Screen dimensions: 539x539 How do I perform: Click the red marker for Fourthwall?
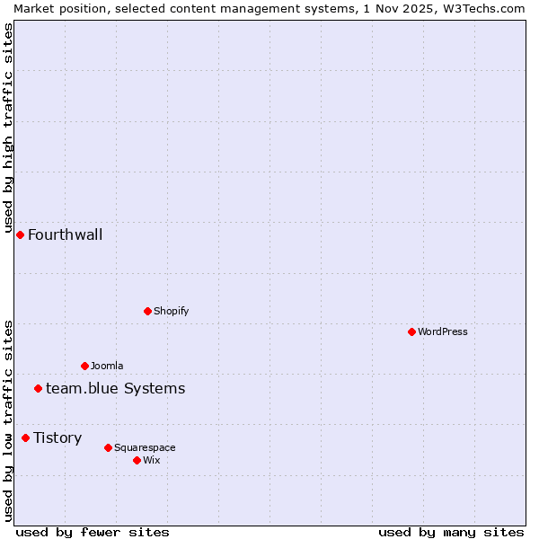(x=20, y=234)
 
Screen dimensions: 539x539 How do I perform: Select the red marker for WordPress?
(x=411, y=331)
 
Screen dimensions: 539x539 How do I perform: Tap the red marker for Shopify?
(x=147, y=311)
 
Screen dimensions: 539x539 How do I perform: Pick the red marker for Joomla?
(x=84, y=366)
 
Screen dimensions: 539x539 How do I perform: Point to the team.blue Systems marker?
(x=38, y=388)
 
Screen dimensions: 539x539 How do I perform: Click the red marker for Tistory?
(x=25, y=437)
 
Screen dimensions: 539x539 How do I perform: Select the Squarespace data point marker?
(x=108, y=447)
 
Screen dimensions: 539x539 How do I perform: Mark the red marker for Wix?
(x=137, y=460)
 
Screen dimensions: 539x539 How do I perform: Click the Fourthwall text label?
(x=65, y=235)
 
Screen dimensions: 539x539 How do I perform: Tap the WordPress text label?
(x=443, y=331)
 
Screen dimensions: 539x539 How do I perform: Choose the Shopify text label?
(x=171, y=311)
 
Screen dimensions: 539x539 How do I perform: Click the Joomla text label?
(x=107, y=366)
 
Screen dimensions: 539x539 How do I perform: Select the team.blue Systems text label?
(x=115, y=388)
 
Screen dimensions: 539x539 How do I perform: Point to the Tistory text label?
(x=57, y=438)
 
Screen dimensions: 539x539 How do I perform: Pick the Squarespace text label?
(x=145, y=447)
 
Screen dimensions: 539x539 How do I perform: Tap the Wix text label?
(x=151, y=460)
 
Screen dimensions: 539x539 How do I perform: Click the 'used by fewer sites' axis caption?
(x=93, y=532)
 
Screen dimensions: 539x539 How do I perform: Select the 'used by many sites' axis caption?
(x=451, y=532)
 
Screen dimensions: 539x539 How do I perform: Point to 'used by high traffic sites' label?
(x=8, y=126)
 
